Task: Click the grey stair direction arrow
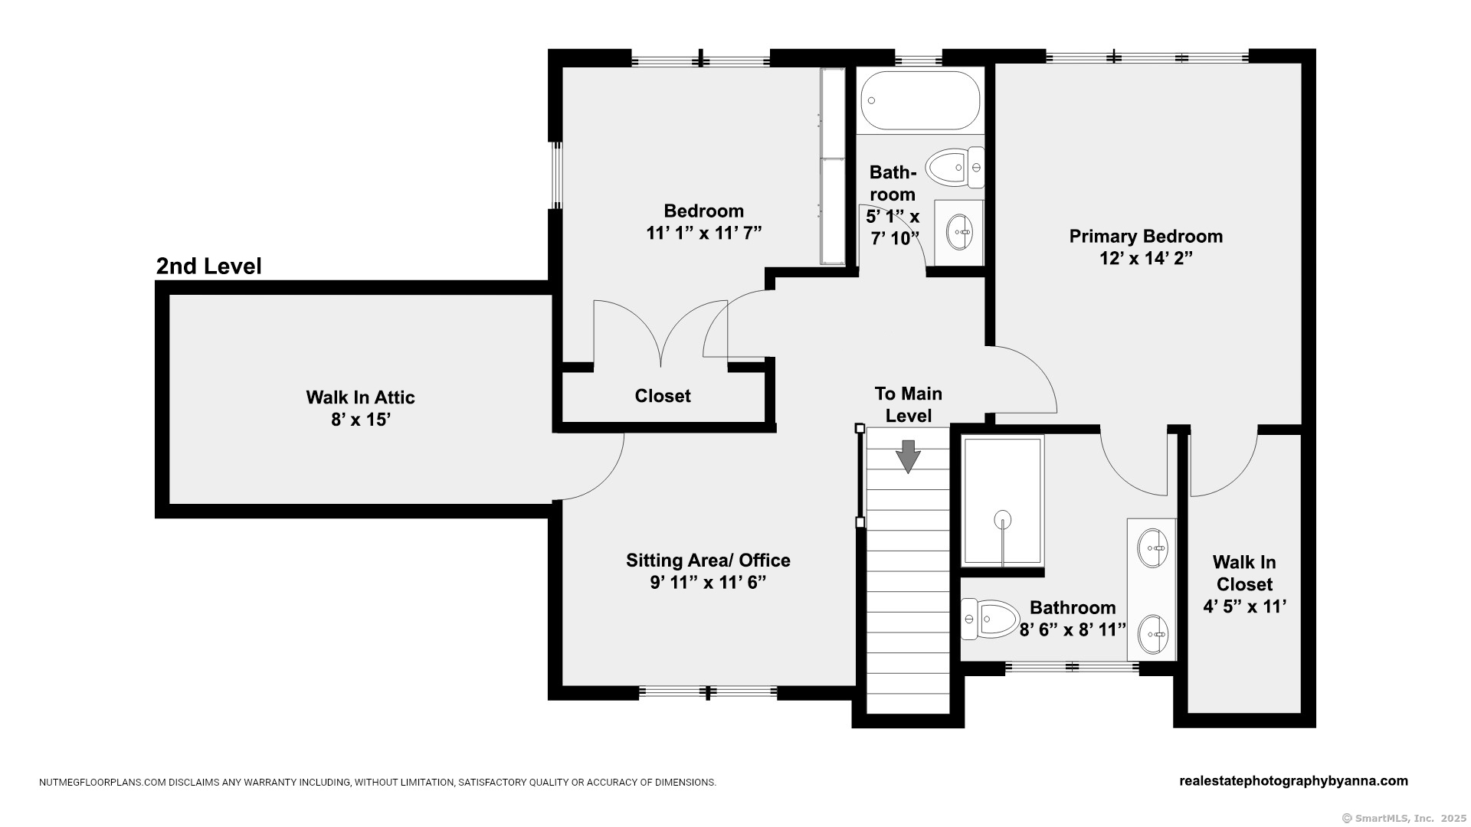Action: [908, 457]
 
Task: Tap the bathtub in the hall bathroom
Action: [920, 100]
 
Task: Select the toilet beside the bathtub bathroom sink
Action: [955, 168]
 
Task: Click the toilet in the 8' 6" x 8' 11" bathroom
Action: [990, 619]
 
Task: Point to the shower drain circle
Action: [1002, 521]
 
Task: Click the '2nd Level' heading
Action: [209, 266]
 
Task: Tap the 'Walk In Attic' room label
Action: [360, 397]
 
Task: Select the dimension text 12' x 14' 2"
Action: [1146, 259]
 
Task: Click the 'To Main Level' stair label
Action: [909, 404]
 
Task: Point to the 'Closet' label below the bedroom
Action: [663, 396]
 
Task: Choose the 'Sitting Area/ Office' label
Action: [708, 561]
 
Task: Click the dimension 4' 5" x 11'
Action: [1244, 606]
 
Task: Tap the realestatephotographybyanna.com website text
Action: [1293, 781]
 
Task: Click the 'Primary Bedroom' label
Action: [1146, 237]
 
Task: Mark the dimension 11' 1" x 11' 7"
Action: [704, 233]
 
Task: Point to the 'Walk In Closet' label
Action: [1244, 574]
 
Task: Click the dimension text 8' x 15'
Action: [361, 420]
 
